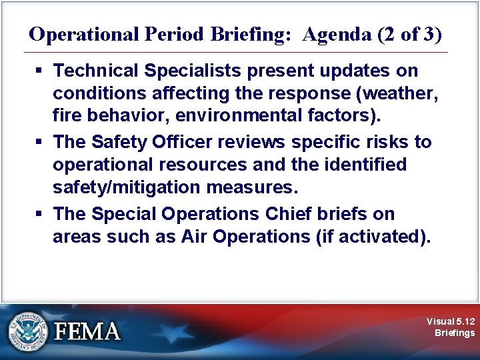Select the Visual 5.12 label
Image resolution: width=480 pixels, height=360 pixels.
(x=451, y=321)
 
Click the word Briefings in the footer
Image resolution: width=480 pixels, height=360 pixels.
(x=455, y=333)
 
